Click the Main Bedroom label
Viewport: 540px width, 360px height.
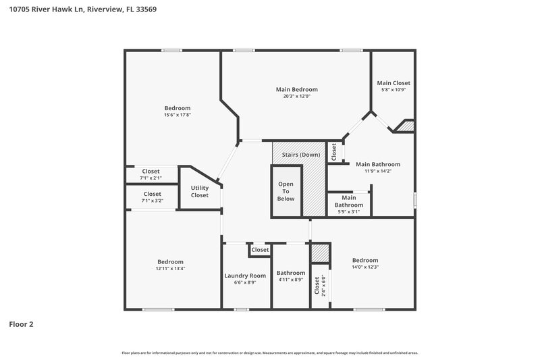pyautogui.click(x=296, y=89)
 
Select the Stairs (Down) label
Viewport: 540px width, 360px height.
pyautogui.click(x=301, y=155)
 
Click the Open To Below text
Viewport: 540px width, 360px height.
pyautogui.click(x=286, y=192)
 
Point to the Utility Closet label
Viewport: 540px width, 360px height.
pyautogui.click(x=200, y=191)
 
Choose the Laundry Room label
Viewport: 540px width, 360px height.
pyautogui.click(x=245, y=276)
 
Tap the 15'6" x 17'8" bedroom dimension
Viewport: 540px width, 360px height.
pyautogui.click(x=178, y=115)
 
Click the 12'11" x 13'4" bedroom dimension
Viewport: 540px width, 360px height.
pyautogui.click(x=170, y=269)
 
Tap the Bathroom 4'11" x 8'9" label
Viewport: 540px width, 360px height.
pyautogui.click(x=290, y=276)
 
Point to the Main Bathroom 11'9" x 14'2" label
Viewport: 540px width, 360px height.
pyautogui.click(x=377, y=168)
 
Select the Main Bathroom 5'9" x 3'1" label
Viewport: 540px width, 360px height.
pyautogui.click(x=349, y=205)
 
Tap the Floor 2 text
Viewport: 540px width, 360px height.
pyautogui.click(x=21, y=324)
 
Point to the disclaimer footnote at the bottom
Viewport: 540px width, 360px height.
pyautogui.click(x=269, y=353)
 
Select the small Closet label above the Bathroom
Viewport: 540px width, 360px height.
pyautogui.click(x=260, y=250)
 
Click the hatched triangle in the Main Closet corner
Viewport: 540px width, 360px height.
pyautogui.click(x=407, y=126)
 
